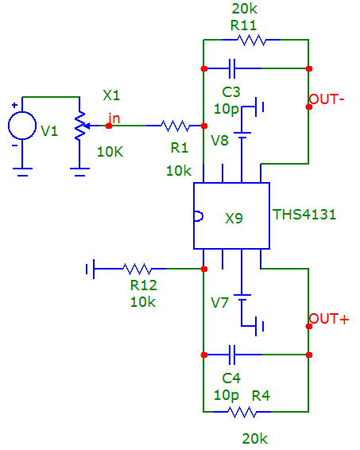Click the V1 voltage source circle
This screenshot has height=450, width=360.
coord(22,126)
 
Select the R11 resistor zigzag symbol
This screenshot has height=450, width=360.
coord(251,40)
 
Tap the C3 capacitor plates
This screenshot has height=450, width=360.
coord(232,68)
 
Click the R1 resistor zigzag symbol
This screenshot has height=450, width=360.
coord(176,126)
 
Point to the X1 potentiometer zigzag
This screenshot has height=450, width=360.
coord(80,126)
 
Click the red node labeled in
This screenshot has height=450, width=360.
coord(109,126)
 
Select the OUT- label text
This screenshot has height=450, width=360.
coord(327,99)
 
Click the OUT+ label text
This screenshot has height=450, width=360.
coord(329,319)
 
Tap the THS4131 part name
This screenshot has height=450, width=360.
coord(304,215)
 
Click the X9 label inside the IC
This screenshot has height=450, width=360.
coord(234,219)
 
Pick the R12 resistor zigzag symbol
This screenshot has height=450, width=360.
coord(137,269)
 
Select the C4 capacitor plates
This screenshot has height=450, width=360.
coord(232,355)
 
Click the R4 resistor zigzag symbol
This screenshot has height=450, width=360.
coord(242,412)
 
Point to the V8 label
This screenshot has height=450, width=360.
coord(219,141)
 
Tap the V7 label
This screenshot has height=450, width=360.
coord(219,303)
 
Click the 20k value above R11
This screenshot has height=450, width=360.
coord(245,9)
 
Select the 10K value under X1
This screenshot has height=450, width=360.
coord(110,152)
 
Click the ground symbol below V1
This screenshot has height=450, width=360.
coord(22,172)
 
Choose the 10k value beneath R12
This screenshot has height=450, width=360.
coord(143,302)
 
